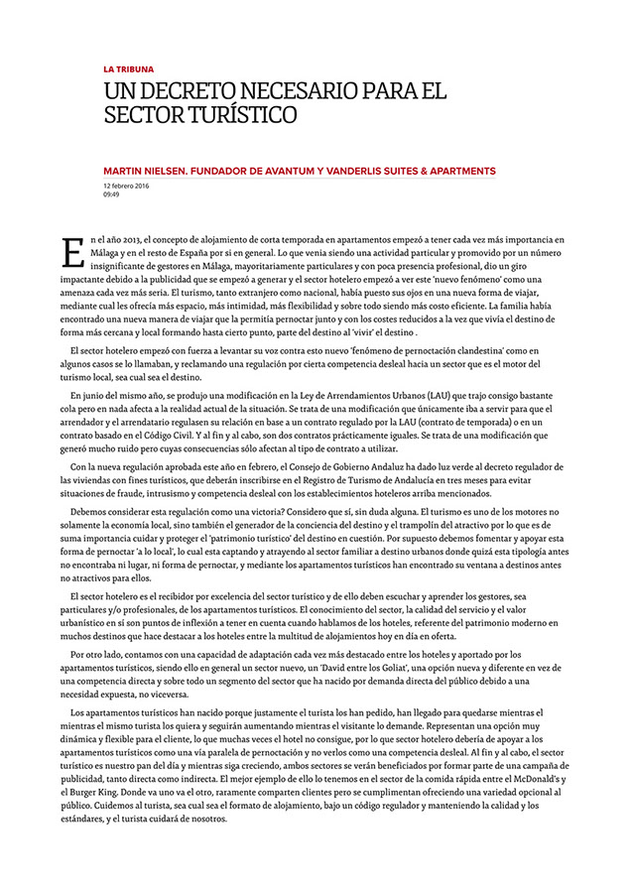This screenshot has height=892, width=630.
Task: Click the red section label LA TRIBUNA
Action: tap(129, 69)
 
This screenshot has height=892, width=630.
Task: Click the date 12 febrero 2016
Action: tap(131, 186)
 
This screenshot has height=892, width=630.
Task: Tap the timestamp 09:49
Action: tap(111, 194)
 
